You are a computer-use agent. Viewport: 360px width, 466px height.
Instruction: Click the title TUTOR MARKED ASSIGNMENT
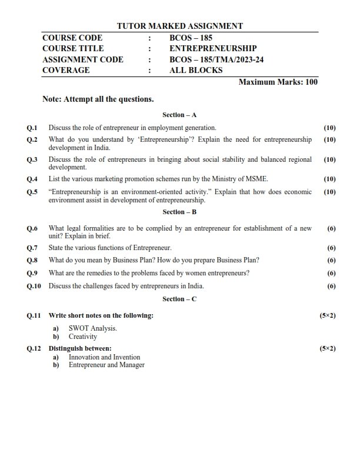pos(180,26)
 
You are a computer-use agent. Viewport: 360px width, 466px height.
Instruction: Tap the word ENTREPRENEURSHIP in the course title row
pos(213,48)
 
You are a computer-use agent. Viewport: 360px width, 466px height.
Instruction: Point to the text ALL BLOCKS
pos(196,70)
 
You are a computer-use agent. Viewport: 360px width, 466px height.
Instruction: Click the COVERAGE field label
pos(66,70)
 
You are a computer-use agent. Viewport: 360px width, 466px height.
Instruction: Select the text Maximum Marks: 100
pos(278,82)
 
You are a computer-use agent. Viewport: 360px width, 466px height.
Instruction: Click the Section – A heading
pos(179,115)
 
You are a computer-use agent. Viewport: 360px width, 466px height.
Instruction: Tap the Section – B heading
pos(179,212)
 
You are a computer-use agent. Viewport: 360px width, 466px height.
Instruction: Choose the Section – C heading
pos(179,299)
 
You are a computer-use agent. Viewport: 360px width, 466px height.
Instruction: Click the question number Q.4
pos(32,179)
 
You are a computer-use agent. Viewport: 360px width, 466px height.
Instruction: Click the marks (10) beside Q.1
pos(329,128)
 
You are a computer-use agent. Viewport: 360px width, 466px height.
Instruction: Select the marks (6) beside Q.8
pos(331,260)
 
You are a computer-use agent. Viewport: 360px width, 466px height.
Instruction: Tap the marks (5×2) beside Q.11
pos(328,316)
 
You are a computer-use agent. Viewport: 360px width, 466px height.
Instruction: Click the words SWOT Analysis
pos(92,328)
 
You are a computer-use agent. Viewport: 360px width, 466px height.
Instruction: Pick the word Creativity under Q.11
pos(82,337)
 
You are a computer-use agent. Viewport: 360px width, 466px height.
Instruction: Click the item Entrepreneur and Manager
pos(106,365)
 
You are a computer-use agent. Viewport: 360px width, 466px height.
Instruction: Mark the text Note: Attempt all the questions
pos(98,99)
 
